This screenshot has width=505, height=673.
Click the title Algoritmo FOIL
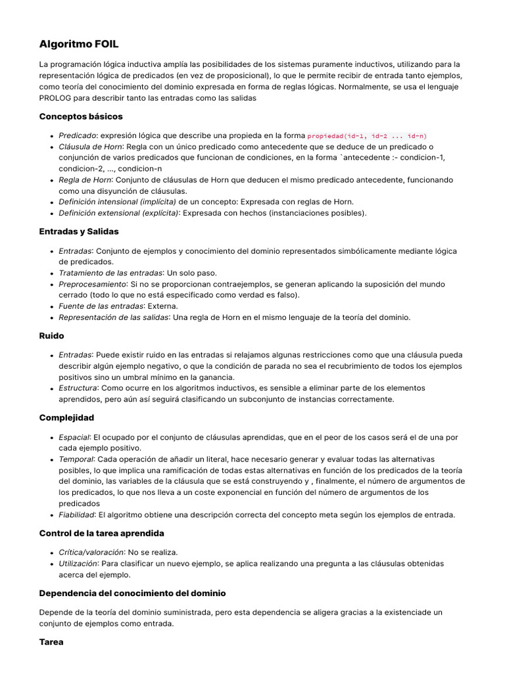(x=79, y=44)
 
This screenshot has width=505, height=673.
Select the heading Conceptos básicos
(x=81, y=116)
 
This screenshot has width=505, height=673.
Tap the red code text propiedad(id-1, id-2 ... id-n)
(x=367, y=136)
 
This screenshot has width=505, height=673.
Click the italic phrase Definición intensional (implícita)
(x=117, y=202)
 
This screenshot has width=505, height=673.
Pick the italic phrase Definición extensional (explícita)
(x=119, y=213)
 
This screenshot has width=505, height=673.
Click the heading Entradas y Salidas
(x=79, y=231)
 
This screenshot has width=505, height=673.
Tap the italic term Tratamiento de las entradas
(x=110, y=273)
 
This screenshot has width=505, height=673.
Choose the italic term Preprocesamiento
(x=92, y=284)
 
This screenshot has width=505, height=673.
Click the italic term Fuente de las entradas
(x=100, y=306)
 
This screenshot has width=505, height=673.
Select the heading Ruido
(x=52, y=336)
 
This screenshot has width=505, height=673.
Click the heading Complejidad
(x=66, y=417)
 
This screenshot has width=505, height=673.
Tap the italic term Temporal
(x=76, y=459)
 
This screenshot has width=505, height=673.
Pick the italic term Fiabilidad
(x=76, y=515)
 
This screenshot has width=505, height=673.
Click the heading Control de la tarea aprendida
(x=102, y=533)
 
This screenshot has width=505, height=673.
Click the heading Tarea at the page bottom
(x=51, y=641)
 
